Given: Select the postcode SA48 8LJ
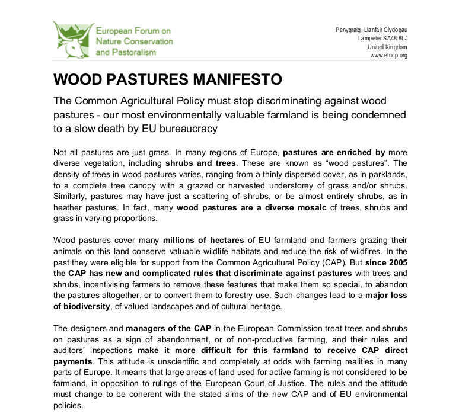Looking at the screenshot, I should pyautogui.click(x=394, y=39).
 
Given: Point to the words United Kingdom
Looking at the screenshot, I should pyautogui.click(x=387, y=47).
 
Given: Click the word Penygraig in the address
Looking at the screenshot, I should pyautogui.click(x=349, y=30).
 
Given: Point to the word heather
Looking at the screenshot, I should pyautogui.click(x=69, y=207).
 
